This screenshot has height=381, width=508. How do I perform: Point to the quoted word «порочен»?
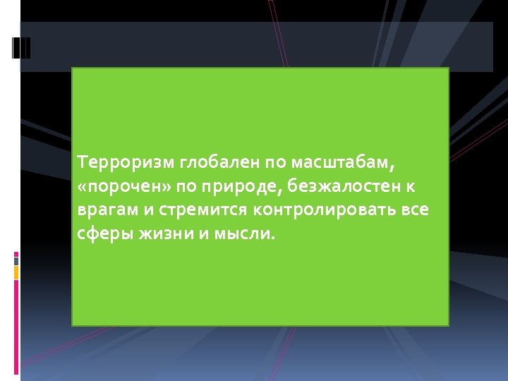coord(116,188)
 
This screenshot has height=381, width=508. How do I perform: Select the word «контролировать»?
coord(327,211)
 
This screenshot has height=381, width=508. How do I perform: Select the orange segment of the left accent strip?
coord(16,272)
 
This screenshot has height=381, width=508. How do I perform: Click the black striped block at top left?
coord(21,47)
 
